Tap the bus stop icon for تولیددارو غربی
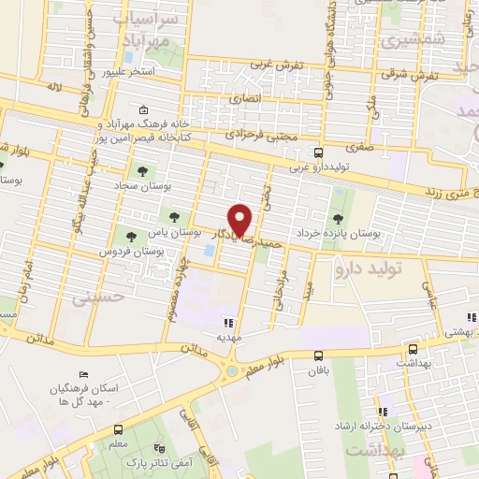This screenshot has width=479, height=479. [x=320, y=152]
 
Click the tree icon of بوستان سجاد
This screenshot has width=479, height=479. [x=142, y=171]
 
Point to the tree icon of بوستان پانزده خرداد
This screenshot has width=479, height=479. [x=337, y=218]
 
